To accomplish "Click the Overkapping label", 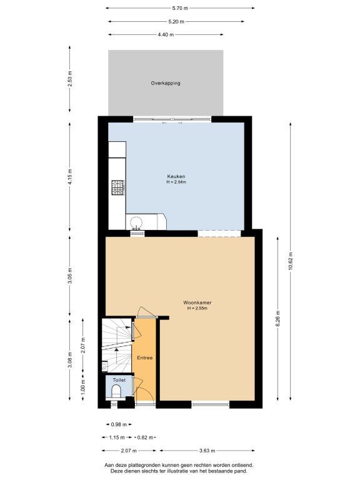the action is point(165,83).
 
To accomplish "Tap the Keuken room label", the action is point(176,176).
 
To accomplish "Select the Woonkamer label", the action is point(197,302).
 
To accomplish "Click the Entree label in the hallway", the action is point(145,357).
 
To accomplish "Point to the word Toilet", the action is point(119,380).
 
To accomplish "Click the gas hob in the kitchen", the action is point(117,187).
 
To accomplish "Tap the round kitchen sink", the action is point(136,222).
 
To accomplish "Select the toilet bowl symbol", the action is point(116,391).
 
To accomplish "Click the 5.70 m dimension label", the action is point(180,8).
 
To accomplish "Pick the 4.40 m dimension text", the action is point(166,34).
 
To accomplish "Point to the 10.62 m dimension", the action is point(291,261).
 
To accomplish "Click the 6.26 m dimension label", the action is point(278,318).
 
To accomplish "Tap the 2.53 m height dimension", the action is point(70,79).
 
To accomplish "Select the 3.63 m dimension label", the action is point(207,451).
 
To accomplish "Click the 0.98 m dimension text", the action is point(119,424).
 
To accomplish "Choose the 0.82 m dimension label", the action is point(145,437).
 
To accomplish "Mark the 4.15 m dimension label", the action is point(70,177).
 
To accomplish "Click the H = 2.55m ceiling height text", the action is point(197,308).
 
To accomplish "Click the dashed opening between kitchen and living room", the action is point(219,233).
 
